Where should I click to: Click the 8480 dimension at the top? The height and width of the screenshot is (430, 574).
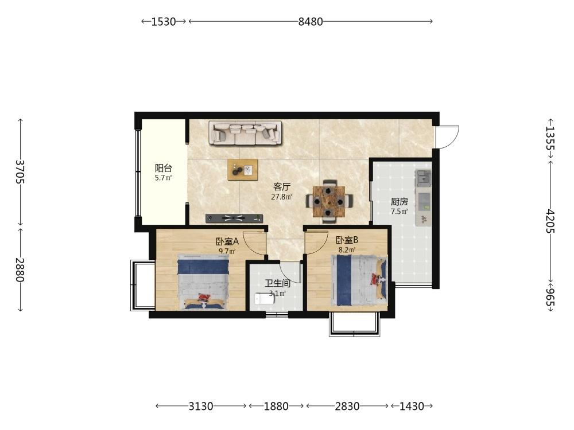[311, 22]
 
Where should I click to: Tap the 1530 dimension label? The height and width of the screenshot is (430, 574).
[164, 22]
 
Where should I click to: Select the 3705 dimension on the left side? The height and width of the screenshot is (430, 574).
[20, 172]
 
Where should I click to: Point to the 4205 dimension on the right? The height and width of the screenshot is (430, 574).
[550, 221]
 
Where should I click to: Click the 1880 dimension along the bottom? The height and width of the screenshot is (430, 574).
[276, 406]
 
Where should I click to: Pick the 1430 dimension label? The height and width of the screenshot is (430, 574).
[412, 406]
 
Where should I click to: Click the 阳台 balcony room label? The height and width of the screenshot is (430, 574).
[163, 168]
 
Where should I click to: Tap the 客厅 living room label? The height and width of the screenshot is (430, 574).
[282, 187]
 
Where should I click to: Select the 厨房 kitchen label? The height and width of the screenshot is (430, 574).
[399, 201]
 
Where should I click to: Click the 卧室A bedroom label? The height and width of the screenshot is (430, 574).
[227, 241]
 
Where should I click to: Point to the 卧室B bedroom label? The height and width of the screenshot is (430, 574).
[347, 240]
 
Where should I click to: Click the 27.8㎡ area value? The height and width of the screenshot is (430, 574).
[281, 197]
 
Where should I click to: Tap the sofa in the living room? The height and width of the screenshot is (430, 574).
[245, 133]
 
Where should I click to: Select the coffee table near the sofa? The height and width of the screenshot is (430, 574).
[242, 170]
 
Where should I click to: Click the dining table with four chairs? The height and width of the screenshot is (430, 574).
[329, 201]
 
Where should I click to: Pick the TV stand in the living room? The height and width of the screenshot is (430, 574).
[234, 218]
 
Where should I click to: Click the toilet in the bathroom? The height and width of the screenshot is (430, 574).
[264, 299]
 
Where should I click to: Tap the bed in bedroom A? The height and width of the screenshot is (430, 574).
[203, 282]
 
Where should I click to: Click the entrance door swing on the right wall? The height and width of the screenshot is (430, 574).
[447, 137]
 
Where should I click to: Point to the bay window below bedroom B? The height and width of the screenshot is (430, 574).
[354, 325]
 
